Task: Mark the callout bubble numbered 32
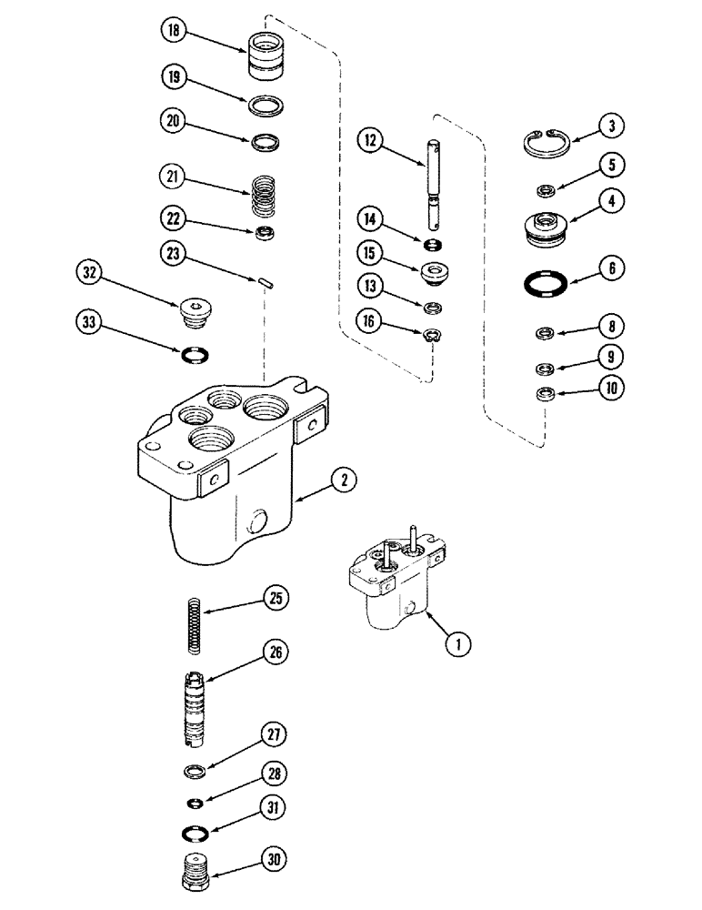(91, 273)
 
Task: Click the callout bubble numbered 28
(274, 773)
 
